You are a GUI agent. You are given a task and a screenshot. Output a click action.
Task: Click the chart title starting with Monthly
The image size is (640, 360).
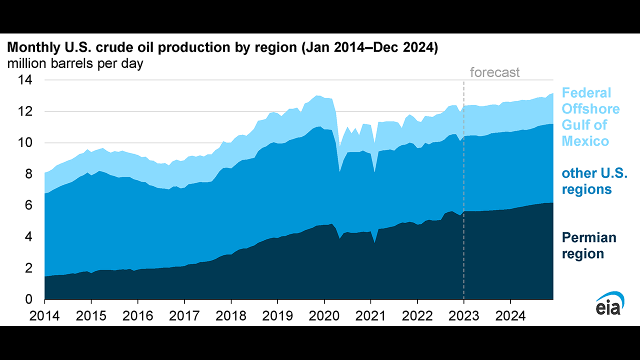click(x=222, y=48)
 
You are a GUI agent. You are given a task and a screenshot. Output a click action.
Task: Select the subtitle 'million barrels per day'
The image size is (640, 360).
click(x=74, y=64)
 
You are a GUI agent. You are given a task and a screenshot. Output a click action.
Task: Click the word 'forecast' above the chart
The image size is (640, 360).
click(x=495, y=72)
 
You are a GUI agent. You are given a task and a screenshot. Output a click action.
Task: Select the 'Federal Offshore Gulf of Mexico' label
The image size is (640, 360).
click(x=590, y=117)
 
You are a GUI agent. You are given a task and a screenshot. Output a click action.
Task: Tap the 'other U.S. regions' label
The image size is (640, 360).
click(x=594, y=181)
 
